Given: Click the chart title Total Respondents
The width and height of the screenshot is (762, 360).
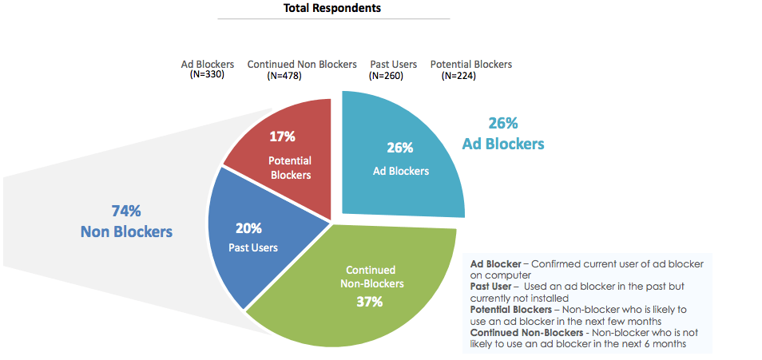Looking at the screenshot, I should (x=332, y=9).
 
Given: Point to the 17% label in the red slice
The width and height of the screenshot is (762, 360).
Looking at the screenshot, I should (x=283, y=136).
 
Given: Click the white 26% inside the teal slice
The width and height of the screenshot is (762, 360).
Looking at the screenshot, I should (x=400, y=148).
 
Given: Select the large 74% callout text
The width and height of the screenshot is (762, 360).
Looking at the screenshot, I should (x=126, y=212).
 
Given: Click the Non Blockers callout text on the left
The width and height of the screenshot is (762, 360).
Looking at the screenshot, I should (x=126, y=231).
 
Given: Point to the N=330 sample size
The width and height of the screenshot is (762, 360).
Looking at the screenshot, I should (x=207, y=75).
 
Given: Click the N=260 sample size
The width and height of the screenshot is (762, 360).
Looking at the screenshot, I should (x=386, y=76).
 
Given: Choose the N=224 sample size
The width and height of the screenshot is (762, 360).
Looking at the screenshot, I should (x=459, y=76).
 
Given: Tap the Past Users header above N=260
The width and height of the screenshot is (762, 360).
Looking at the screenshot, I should (x=394, y=64).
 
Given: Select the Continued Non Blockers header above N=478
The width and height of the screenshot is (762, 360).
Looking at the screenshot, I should (x=302, y=64).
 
